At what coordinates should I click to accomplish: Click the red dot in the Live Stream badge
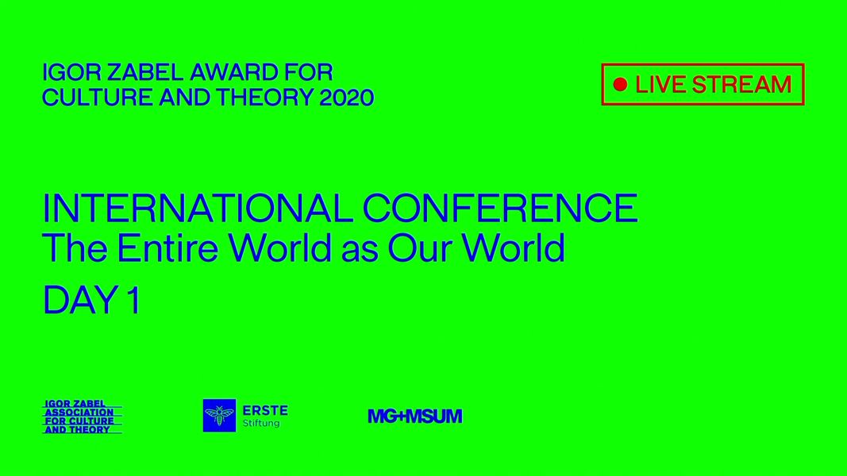click(x=620, y=84)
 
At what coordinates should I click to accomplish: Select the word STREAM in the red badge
click(x=741, y=85)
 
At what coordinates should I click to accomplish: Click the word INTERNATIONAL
click(x=198, y=209)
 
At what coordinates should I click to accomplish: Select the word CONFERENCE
click(x=500, y=209)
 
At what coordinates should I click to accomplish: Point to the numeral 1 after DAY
click(x=134, y=300)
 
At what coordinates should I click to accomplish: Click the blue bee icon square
click(x=219, y=416)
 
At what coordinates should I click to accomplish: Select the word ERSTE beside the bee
click(x=265, y=411)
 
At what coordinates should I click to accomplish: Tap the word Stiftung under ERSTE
click(x=261, y=424)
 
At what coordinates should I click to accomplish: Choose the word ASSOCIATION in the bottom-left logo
click(x=79, y=413)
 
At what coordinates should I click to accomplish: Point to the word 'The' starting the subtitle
click(x=75, y=248)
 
